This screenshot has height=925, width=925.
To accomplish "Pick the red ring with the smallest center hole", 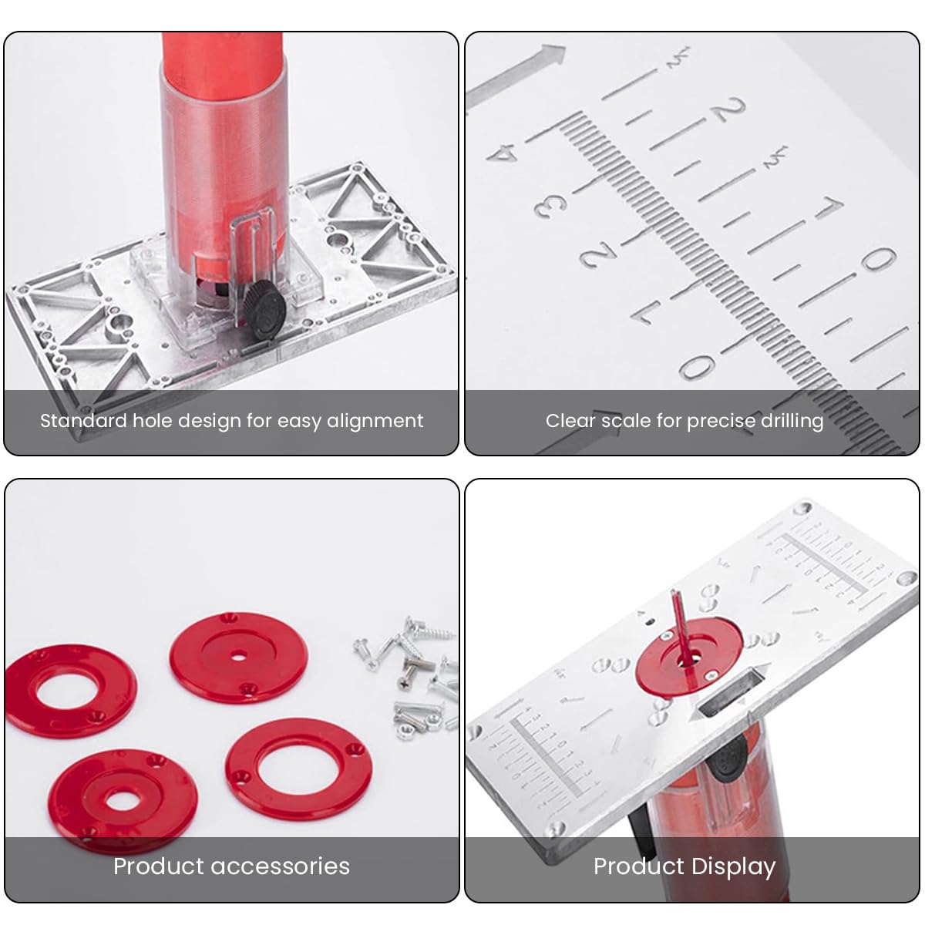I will pyautogui.click(x=238, y=657).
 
